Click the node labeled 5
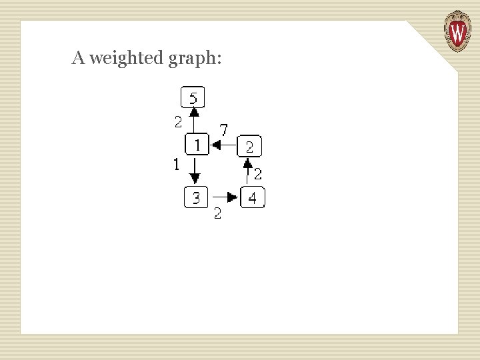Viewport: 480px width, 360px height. coord(193,98)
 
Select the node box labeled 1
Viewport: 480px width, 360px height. coord(197,144)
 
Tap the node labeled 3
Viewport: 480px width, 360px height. coord(195,197)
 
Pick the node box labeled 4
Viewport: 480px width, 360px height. coord(253,197)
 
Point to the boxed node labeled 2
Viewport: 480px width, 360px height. coord(249,145)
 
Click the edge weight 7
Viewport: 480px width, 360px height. coord(224,129)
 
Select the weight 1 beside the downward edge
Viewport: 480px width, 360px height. coord(176,164)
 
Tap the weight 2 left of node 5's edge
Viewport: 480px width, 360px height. coord(178,121)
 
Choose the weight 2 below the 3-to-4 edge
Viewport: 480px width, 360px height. coord(217,214)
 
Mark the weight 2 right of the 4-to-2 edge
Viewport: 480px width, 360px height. coord(257,174)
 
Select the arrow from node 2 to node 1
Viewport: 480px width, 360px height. coord(223,145)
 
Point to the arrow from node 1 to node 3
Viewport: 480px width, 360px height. coord(195,170)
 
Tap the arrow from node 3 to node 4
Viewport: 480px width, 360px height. coord(224,197)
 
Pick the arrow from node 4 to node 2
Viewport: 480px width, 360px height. coord(248,172)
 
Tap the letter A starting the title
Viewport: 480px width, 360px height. coord(78,59)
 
